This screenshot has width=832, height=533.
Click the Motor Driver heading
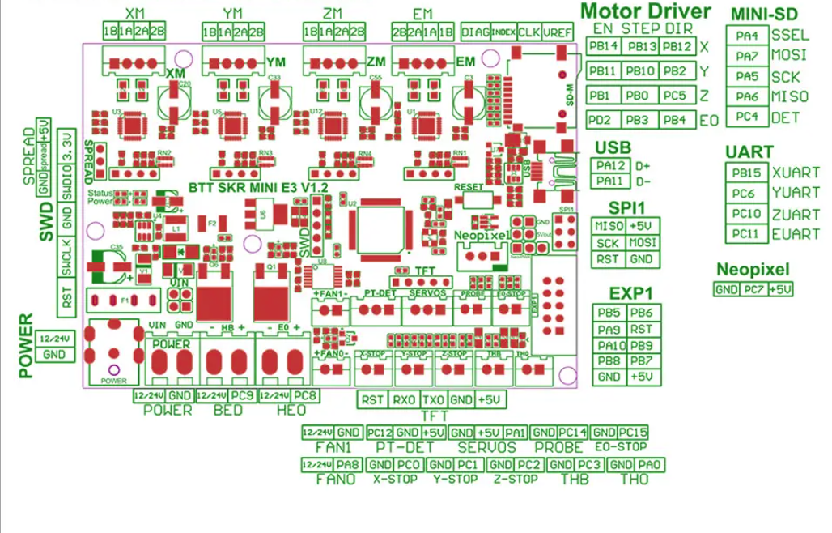click(646, 11)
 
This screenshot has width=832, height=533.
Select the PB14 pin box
click(604, 46)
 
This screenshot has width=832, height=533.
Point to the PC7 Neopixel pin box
click(753, 289)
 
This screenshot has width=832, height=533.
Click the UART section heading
click(749, 151)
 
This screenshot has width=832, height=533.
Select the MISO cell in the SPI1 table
click(609, 226)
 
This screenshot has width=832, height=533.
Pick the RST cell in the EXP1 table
click(641, 330)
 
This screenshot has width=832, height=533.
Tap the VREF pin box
click(558, 32)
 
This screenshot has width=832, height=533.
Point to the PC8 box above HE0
click(305, 395)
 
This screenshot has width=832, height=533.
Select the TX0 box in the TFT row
click(433, 399)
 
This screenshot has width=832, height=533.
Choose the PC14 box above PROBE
click(573, 433)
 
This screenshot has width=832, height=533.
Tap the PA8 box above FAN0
click(348, 464)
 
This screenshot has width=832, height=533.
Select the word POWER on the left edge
click(27, 346)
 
